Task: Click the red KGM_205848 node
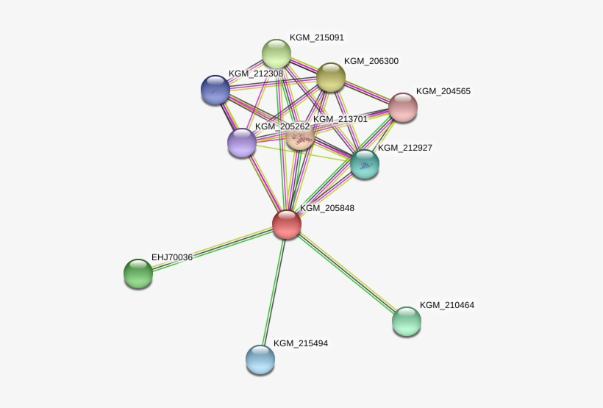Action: (x=287, y=224)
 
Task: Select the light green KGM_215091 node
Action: (x=276, y=54)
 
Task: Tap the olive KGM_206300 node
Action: (x=331, y=77)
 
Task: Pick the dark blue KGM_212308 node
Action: (x=215, y=90)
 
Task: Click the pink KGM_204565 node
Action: (x=403, y=107)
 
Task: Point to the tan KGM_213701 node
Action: (x=300, y=135)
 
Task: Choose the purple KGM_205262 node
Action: (x=242, y=143)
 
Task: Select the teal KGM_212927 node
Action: (x=365, y=164)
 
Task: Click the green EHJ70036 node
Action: (x=138, y=273)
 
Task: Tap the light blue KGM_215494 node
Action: (x=260, y=359)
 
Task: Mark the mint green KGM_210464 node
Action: (x=407, y=321)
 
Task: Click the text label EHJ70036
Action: (x=172, y=257)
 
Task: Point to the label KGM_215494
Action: (x=301, y=343)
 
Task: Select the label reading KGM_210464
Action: (x=447, y=305)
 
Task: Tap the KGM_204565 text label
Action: (x=443, y=91)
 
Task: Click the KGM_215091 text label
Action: (x=317, y=37)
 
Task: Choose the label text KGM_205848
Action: (x=327, y=208)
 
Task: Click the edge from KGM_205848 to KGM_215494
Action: (x=274, y=292)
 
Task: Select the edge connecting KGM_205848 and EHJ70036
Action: (x=213, y=248)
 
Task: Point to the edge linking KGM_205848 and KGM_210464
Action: (x=346, y=273)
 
